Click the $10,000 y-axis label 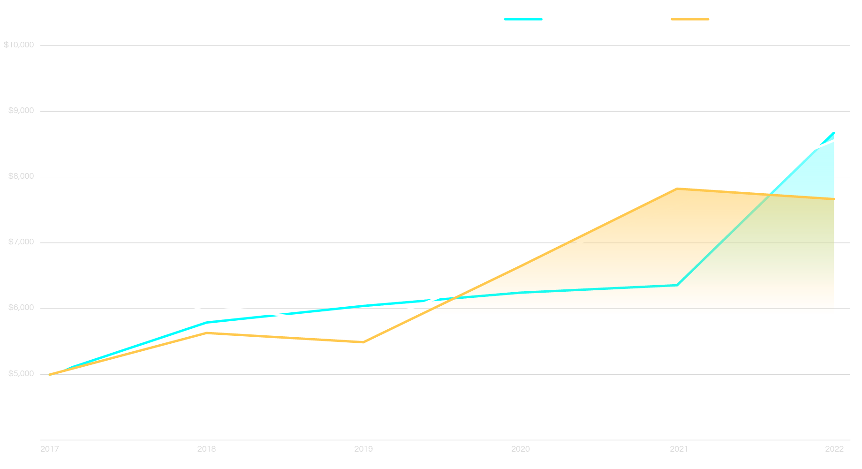tap(19, 45)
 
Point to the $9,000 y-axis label tap(21, 111)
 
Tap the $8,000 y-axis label tap(21, 176)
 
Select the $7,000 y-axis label tap(21, 242)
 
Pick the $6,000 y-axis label tap(21, 308)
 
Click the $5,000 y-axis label tap(21, 374)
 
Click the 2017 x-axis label tap(50, 449)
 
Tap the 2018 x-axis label tap(206, 449)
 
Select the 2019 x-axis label tap(363, 449)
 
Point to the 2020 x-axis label tap(521, 449)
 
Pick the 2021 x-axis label tap(679, 449)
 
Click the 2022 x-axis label tap(834, 449)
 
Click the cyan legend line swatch tap(523, 19)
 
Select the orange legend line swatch tap(690, 19)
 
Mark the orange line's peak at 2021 tap(678, 188)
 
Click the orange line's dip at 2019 tap(363, 342)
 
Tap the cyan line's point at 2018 tap(207, 322)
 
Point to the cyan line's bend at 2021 tap(678, 285)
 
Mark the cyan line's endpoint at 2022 tap(833, 133)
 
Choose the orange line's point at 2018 tap(207, 333)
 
